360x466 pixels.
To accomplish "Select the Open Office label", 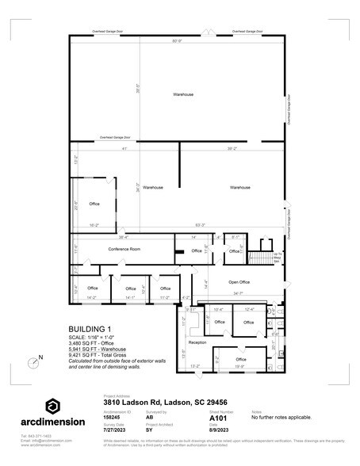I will [x=239, y=281].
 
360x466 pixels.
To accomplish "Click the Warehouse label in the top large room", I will [x=183, y=94].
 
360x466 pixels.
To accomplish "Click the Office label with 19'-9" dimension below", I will [x=240, y=359].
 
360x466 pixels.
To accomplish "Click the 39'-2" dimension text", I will [x=232, y=148].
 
